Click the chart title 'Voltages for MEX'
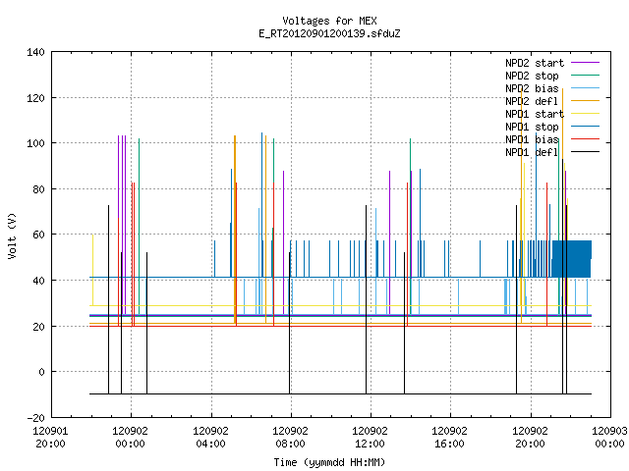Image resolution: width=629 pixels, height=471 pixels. [329, 21]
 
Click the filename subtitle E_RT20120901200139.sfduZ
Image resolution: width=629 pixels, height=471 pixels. [329, 33]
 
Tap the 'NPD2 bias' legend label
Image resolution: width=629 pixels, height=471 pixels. [532, 88]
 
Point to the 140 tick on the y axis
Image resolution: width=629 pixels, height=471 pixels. [35, 52]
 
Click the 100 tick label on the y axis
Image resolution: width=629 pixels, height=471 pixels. [35, 143]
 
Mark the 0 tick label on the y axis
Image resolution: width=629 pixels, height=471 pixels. [41, 372]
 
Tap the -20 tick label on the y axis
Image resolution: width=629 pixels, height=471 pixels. [35, 417]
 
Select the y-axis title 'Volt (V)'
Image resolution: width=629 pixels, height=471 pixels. [12, 235]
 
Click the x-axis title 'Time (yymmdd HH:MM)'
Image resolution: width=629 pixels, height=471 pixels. [329, 462]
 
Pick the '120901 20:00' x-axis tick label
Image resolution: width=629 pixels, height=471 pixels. [50, 437]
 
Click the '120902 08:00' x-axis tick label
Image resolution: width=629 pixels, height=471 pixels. [291, 437]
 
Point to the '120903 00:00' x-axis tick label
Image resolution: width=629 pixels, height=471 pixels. [609, 437]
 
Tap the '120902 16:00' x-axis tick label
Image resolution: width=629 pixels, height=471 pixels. [450, 437]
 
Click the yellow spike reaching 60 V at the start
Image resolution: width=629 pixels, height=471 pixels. [92, 271]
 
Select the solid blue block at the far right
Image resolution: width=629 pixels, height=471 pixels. [571, 259]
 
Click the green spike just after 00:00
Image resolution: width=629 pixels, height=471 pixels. [139, 227]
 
